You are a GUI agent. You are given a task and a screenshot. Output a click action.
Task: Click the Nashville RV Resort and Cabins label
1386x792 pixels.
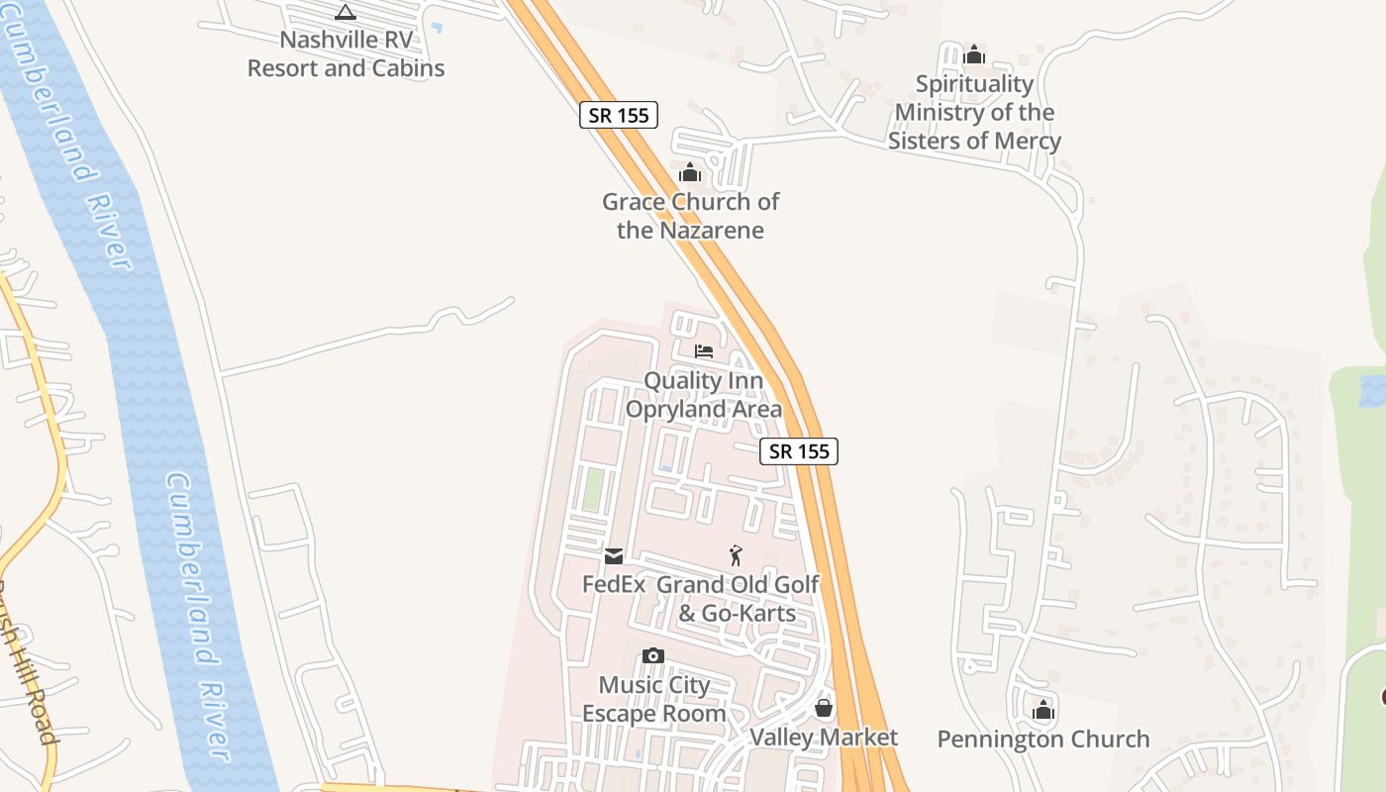pos(346,54)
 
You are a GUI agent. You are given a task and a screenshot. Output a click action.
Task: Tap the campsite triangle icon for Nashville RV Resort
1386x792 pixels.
pos(345,12)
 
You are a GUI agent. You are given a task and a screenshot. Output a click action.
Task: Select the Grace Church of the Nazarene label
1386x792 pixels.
pos(690,216)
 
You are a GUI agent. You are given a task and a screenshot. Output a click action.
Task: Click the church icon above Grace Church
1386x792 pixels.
pos(690,173)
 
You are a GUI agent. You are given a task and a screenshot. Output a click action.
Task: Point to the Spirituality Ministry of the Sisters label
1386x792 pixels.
pos(974,112)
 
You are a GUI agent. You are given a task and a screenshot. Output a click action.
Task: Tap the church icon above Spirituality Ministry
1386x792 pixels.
pos(974,54)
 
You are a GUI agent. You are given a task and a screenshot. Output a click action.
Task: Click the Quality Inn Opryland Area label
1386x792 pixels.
pos(704,395)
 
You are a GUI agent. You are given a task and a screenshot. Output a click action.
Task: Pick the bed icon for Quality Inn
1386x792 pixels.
pos(704,351)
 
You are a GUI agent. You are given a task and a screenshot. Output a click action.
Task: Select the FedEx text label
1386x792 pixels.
pos(614,584)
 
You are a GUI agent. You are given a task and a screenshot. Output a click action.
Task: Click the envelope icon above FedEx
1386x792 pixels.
pos(614,555)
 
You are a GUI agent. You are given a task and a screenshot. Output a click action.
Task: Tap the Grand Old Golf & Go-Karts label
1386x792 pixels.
pos(738,599)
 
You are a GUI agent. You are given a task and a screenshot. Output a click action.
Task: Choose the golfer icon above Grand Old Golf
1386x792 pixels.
pos(736,555)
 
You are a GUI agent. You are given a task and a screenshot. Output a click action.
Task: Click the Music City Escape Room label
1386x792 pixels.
pos(654,699)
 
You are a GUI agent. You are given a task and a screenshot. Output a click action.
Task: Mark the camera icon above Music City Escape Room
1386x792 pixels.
pos(652,655)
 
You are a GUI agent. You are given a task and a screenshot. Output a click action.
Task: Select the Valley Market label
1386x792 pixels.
pos(824,738)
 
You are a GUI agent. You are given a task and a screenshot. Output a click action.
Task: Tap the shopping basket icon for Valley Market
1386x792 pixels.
pos(824,708)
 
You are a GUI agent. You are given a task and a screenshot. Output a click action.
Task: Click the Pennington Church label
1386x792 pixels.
pos(1043,740)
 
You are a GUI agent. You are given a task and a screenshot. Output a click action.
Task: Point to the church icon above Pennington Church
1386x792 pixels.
pos(1043,710)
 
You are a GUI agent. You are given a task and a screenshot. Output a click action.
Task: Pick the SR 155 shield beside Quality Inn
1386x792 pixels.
pos(799,451)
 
